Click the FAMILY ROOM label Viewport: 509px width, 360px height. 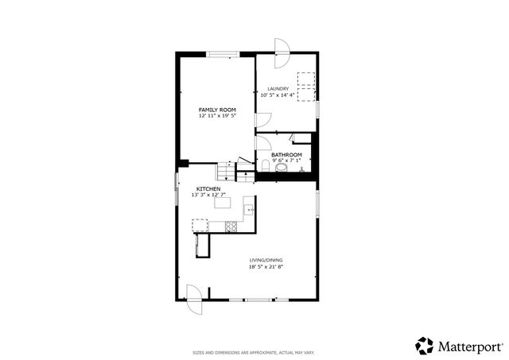tap(217, 110)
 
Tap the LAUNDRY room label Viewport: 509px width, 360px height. tap(278, 89)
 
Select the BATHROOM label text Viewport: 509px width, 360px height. tap(286, 154)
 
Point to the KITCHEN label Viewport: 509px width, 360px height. tap(197, 188)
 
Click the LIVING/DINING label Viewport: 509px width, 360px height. tap(266, 261)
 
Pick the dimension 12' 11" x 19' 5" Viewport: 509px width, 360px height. tap(217, 116)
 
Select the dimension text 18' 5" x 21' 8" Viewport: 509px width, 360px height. tap(266, 267)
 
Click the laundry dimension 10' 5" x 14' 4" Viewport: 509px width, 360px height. tap(278, 95)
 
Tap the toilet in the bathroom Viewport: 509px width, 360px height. tap(265, 165)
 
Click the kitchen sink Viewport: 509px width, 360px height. tap(248, 210)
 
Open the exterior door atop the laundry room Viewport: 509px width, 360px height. tap(281, 48)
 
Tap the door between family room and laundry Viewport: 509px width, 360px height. tap(262, 122)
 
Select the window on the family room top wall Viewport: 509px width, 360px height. tap(222, 54)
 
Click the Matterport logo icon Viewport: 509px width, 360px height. tap(425, 346)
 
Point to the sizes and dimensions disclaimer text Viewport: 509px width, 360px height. tap(254, 352)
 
